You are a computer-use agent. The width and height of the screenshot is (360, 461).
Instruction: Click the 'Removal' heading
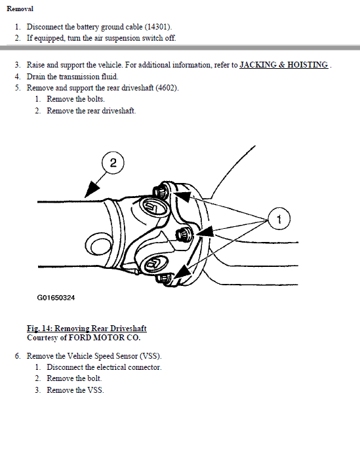click(20, 9)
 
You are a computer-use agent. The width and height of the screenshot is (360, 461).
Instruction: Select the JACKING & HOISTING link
click(284, 65)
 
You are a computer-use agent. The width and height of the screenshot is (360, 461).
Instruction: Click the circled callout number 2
click(113, 163)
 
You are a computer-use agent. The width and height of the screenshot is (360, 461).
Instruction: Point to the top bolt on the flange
click(161, 191)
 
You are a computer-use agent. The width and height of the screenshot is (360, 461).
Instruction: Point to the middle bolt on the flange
click(184, 234)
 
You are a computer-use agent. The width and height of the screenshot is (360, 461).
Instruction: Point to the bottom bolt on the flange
click(163, 279)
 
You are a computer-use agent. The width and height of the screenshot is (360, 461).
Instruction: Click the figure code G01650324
click(56, 298)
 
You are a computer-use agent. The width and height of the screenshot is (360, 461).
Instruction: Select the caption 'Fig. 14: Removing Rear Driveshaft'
click(86, 329)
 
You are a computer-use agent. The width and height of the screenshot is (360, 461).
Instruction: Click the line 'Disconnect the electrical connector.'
click(104, 367)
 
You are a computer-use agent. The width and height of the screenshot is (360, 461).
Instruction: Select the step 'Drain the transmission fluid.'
click(72, 77)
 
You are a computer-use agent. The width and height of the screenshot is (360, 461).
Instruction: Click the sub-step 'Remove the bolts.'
click(75, 100)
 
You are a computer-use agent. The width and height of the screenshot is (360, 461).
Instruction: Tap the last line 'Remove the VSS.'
click(75, 390)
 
